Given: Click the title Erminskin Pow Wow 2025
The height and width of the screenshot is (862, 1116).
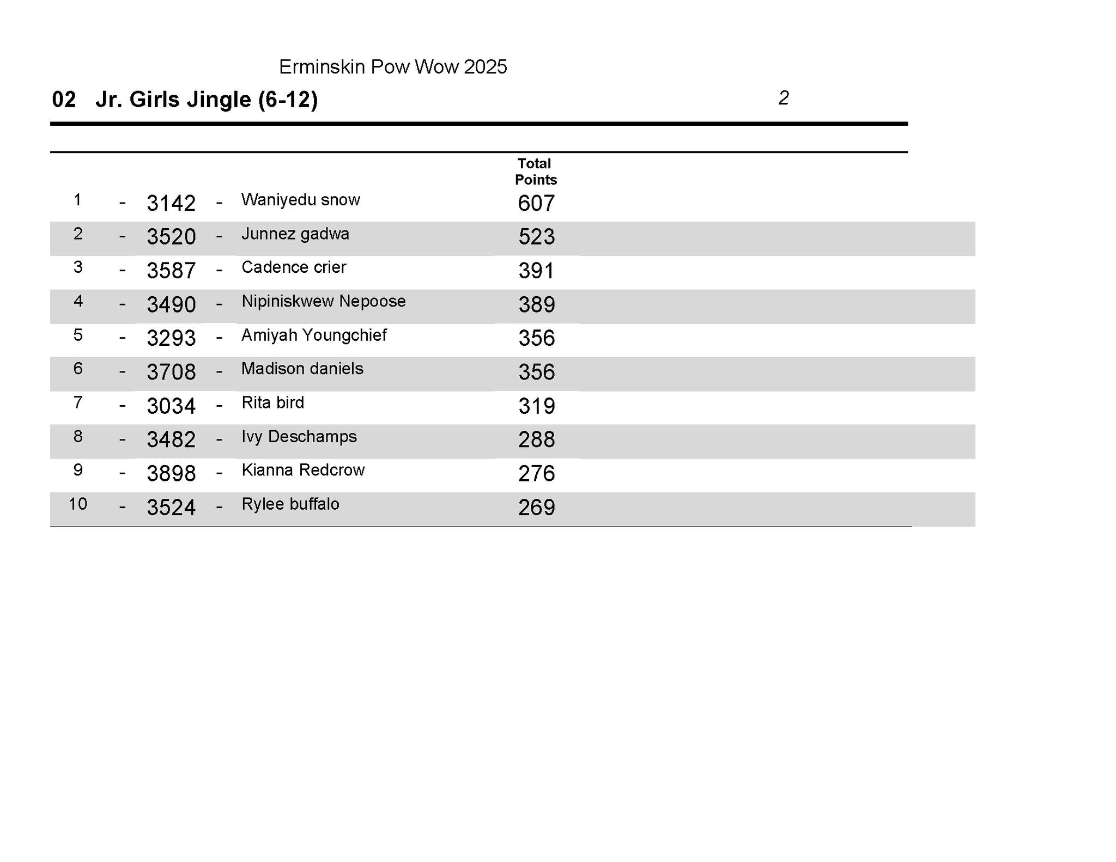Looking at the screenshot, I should [x=392, y=67].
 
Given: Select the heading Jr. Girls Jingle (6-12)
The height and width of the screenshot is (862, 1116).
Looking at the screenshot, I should [x=206, y=100].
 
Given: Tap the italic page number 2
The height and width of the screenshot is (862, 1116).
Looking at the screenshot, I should [x=783, y=98].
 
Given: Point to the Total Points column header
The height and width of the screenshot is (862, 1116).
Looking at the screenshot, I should [x=535, y=172].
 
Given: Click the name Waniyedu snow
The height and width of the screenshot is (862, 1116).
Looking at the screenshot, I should [x=300, y=200].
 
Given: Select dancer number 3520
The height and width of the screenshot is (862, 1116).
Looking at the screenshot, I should [x=171, y=237].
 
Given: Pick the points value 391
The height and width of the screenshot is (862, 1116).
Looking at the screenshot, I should [x=536, y=271].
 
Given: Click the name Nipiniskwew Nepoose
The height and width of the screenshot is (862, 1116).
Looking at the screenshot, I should [x=323, y=301].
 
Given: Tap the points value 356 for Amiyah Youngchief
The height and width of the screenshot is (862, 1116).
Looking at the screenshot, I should [x=536, y=338].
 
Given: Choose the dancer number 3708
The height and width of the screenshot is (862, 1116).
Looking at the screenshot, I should [x=171, y=372].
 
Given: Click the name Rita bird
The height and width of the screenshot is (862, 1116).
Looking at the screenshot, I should [x=272, y=403].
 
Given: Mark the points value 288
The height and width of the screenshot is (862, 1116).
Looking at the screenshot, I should [x=536, y=439].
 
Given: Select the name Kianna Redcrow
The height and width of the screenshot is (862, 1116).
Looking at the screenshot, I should [x=303, y=470].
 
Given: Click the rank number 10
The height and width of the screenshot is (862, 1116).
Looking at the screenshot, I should [x=77, y=504].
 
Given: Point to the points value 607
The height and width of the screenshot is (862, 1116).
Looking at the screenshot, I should [x=536, y=203].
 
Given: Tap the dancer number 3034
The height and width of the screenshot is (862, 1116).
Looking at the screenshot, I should [x=171, y=406].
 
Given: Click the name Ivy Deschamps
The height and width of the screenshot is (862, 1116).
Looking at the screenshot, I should [x=299, y=437].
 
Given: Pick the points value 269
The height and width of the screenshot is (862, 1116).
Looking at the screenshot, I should [x=536, y=508].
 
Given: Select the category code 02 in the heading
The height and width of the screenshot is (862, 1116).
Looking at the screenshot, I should [x=63, y=100].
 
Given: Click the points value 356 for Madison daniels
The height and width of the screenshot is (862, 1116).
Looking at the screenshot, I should [x=536, y=372].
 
